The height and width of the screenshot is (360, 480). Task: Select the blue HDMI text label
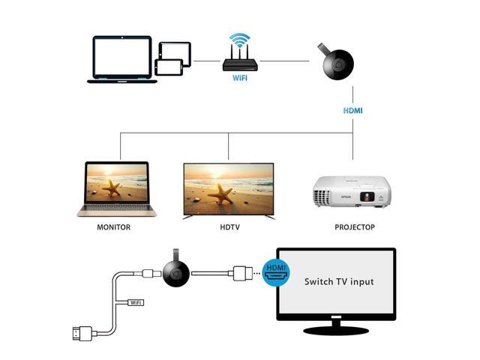click(352, 110)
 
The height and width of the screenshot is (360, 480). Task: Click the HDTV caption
click(229, 226)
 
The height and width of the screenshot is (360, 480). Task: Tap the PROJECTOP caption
click(354, 226)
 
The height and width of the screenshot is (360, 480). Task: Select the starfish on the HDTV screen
click(223, 193)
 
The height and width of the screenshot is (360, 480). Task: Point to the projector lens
click(367, 197)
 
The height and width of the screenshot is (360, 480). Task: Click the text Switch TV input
click(338, 283)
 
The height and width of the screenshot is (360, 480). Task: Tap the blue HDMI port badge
click(274, 271)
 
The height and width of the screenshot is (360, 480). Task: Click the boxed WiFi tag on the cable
click(136, 302)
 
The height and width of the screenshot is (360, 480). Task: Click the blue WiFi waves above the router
click(240, 39)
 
